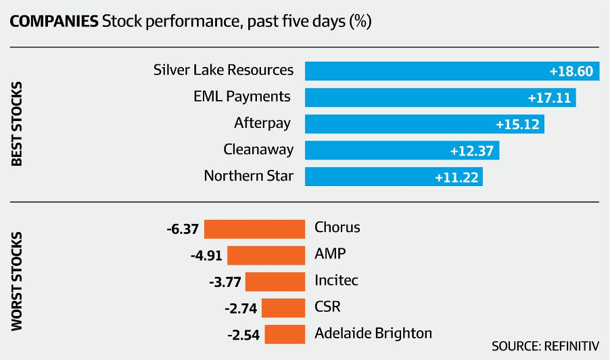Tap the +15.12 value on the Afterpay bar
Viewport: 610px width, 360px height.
pyautogui.click(x=518, y=125)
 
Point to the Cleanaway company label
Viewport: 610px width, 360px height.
pyautogui.click(x=258, y=150)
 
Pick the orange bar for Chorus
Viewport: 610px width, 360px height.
pyautogui.click(x=254, y=229)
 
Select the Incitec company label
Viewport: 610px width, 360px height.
pyautogui.click(x=336, y=280)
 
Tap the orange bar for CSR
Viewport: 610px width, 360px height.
pyautogui.click(x=283, y=308)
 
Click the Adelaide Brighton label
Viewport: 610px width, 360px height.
pyautogui.click(x=373, y=333)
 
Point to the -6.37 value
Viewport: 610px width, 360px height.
pyautogui.click(x=183, y=229)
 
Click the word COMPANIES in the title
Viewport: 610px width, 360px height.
pyautogui.click(x=53, y=21)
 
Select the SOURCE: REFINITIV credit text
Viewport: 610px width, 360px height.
pyautogui.click(x=545, y=346)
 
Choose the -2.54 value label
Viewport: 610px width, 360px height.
pyautogui.click(x=243, y=334)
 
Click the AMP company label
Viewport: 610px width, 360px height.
pyautogui.click(x=330, y=254)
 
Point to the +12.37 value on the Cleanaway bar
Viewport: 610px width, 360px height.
pyautogui.click(x=472, y=151)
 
